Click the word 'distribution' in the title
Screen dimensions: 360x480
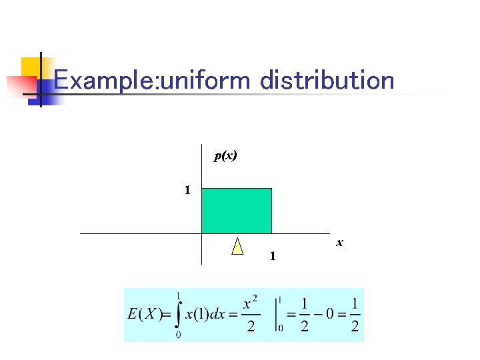[x=327, y=81]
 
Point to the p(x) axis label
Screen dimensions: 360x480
[x=225, y=156]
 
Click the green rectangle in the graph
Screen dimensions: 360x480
[x=237, y=210]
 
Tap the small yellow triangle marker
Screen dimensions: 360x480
[x=237, y=247]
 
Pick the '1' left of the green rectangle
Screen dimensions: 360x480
[x=187, y=191]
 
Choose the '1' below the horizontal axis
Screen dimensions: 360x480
[x=272, y=256]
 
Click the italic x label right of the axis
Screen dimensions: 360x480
[x=339, y=243]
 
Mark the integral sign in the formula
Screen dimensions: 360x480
[x=177, y=315]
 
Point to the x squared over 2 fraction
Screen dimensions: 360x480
[x=250, y=315]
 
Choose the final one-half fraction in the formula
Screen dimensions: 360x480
[x=355, y=315]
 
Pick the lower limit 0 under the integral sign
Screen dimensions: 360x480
[x=179, y=335]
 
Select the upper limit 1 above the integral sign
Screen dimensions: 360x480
[x=179, y=295]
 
